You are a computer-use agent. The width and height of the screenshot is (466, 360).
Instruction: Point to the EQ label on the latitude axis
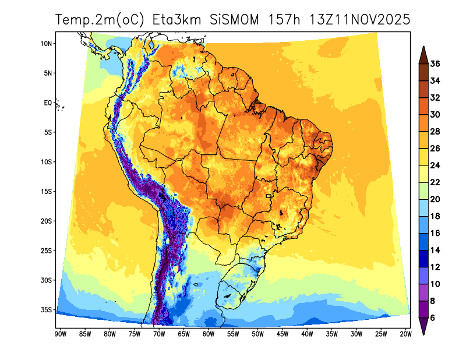pyautogui.click(x=48, y=103)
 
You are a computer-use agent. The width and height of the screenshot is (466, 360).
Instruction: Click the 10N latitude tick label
pyautogui.click(x=47, y=43)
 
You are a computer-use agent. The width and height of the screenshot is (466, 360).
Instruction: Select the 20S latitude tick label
pyautogui.click(x=47, y=221)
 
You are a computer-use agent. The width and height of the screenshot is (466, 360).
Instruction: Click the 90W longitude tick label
pyautogui.click(x=59, y=334)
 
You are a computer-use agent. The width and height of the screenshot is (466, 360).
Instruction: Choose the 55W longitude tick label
pyautogui.click(x=233, y=334)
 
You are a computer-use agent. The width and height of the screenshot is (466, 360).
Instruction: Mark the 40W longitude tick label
pyautogui.click(x=307, y=334)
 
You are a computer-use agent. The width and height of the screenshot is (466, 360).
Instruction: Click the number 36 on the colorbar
pyautogui.click(x=435, y=63)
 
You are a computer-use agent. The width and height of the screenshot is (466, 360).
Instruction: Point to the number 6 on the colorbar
pyautogui.click(x=433, y=318)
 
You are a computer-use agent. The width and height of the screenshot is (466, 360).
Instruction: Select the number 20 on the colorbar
pyautogui.click(x=435, y=199)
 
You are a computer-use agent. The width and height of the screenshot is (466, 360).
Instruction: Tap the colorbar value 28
pyautogui.click(x=435, y=132)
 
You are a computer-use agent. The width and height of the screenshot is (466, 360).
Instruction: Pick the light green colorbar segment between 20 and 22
pyautogui.click(x=423, y=191)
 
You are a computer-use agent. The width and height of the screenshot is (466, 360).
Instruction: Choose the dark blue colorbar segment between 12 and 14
pyautogui.click(x=423, y=259)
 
